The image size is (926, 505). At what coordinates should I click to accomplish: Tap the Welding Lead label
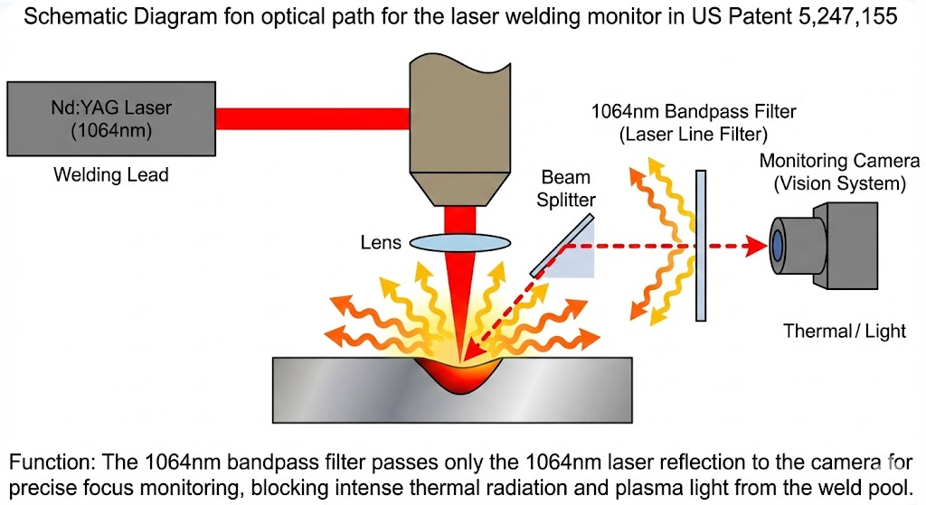click(110, 175)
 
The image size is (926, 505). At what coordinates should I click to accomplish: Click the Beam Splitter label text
click(567, 189)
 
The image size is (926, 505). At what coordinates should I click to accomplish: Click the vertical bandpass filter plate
click(701, 244)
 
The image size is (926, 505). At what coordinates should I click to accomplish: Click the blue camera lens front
click(777, 243)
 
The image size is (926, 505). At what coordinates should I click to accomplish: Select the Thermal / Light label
click(844, 331)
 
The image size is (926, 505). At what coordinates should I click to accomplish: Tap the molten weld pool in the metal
click(462, 372)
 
